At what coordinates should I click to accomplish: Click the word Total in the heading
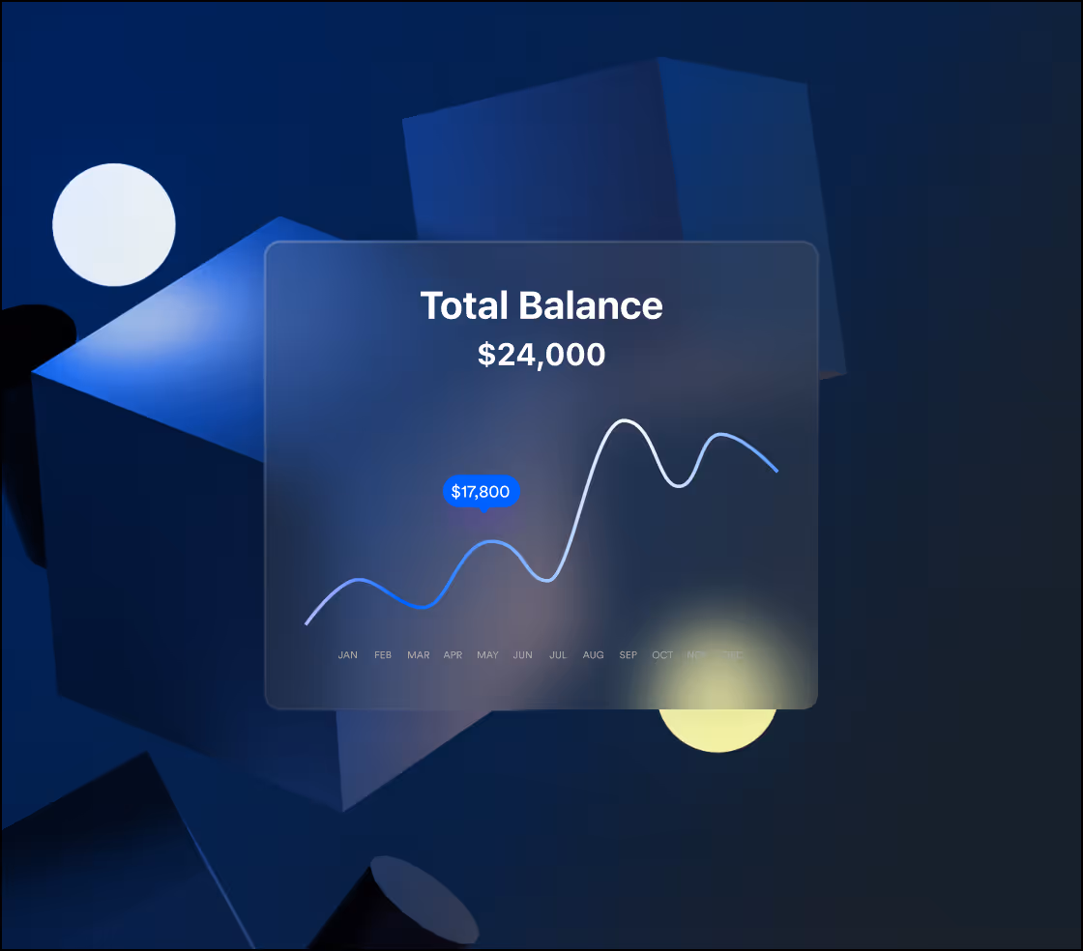point(465,305)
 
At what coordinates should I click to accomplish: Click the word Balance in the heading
point(591,305)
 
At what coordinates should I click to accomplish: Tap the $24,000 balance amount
point(541,355)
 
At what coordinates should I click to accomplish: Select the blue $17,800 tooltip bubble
point(481,492)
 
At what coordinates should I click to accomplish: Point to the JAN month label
point(348,655)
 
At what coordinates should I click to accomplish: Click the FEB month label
point(383,655)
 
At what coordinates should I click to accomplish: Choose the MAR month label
point(418,655)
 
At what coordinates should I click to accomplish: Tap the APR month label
point(453,655)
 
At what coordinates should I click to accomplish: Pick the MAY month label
point(487,655)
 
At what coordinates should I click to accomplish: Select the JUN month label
point(522,655)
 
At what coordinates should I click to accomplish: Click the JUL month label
point(558,655)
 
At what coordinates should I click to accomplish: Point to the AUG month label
point(593,655)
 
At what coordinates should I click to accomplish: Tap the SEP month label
point(629,655)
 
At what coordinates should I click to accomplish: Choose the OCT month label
point(662,655)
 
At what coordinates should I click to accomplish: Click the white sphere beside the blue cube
point(114,225)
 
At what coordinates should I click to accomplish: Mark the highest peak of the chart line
point(626,420)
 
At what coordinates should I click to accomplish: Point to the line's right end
point(776,471)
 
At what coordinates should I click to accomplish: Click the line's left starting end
point(307,623)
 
